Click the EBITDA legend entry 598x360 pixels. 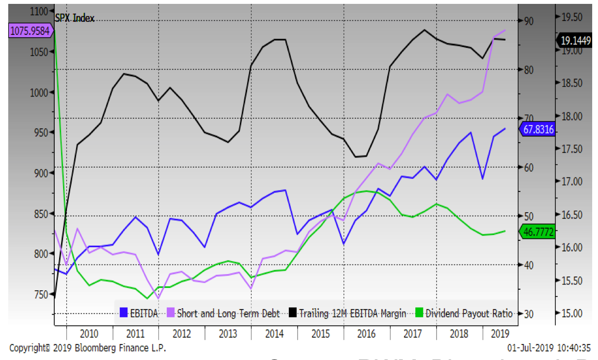(x=139, y=313)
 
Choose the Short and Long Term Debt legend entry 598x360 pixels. (x=223, y=313)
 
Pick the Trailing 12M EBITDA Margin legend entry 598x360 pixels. (x=347, y=313)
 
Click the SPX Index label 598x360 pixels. (x=75, y=18)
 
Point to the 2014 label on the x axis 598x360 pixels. (x=274, y=333)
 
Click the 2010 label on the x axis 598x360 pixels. (x=89, y=333)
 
